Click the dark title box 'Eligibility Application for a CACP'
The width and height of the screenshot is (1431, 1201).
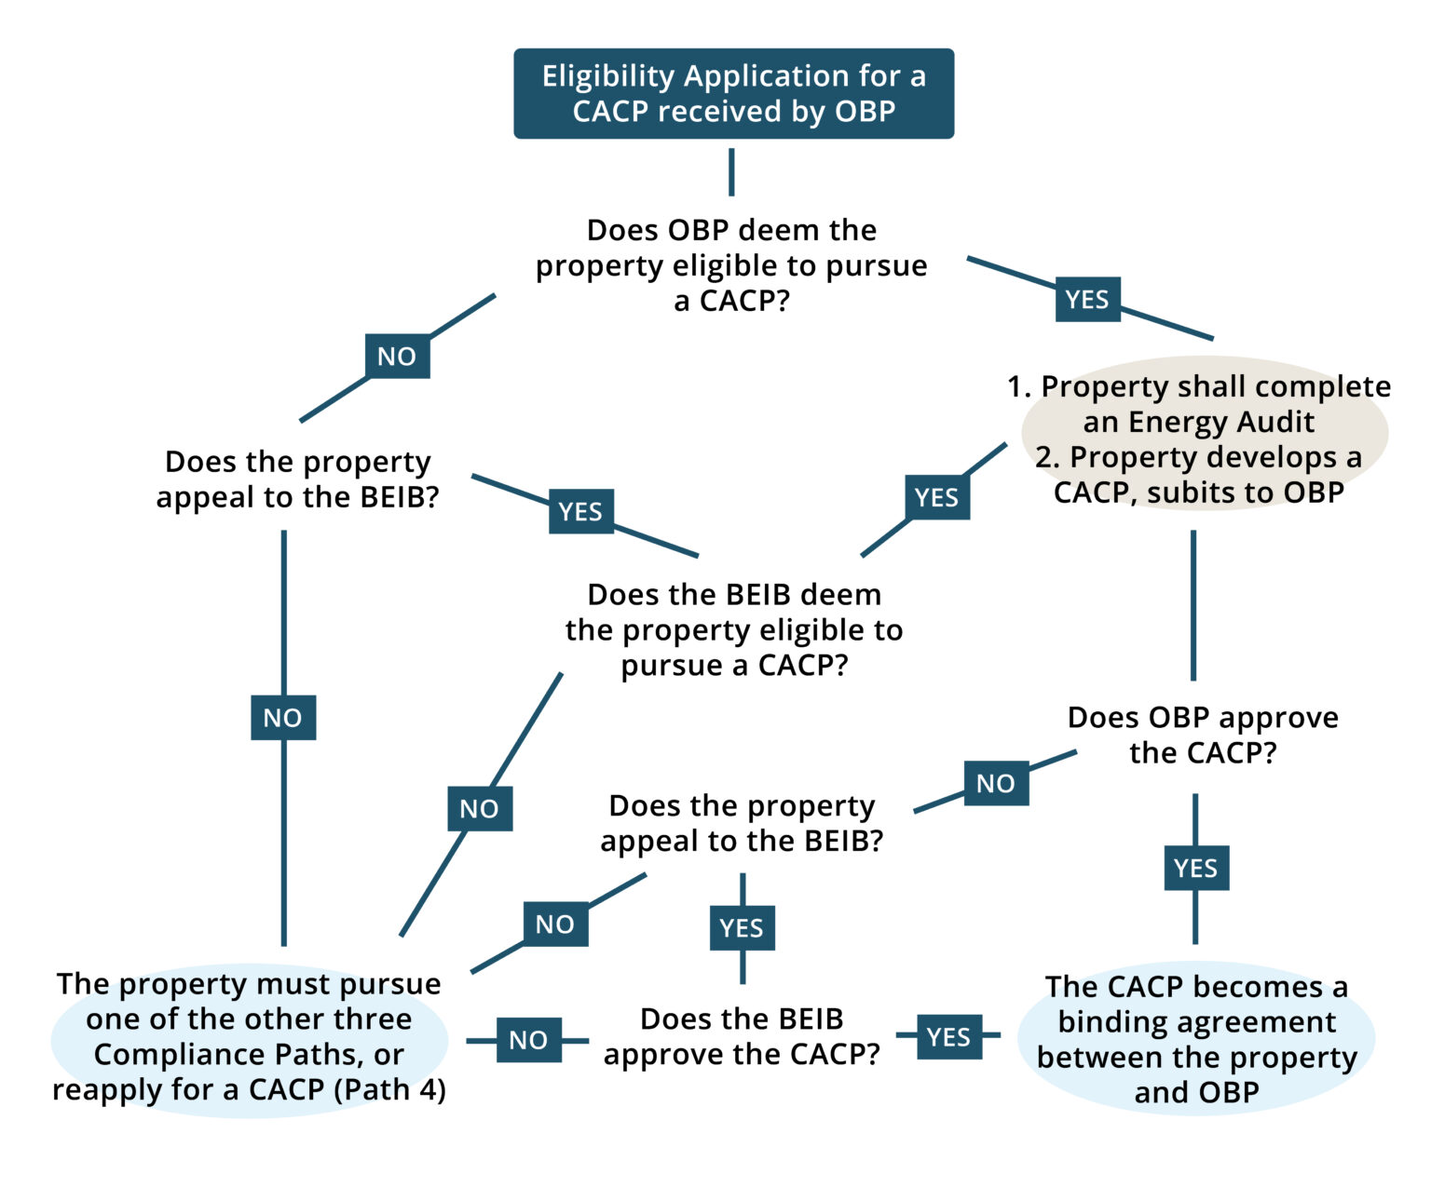click(733, 93)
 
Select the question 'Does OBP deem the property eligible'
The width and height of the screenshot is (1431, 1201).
click(731, 265)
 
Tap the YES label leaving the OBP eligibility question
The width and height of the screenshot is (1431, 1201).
click(1087, 300)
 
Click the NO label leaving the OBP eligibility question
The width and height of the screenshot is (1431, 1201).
click(397, 357)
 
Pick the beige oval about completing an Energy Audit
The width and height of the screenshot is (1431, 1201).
click(1205, 433)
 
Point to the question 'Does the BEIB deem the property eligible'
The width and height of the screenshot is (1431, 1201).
click(734, 629)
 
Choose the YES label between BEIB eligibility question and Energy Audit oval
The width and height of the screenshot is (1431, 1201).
click(937, 497)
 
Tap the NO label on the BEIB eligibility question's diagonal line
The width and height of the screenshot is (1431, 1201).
click(480, 809)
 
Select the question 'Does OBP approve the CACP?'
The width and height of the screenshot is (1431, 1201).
click(1203, 735)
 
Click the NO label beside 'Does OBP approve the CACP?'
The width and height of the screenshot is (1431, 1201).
click(996, 783)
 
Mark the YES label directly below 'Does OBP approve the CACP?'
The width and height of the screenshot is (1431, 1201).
click(1196, 868)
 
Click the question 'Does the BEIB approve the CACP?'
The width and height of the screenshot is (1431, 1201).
click(742, 1036)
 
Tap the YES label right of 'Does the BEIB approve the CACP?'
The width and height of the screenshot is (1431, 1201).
click(949, 1036)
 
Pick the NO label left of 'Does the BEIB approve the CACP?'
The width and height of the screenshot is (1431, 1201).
click(528, 1040)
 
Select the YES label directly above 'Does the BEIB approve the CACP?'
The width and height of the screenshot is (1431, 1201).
click(742, 927)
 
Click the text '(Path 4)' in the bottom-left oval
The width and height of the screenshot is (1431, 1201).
click(390, 1090)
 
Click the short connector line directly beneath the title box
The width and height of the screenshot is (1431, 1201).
click(731, 172)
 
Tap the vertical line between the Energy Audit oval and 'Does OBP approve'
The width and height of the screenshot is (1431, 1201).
click(1193, 605)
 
